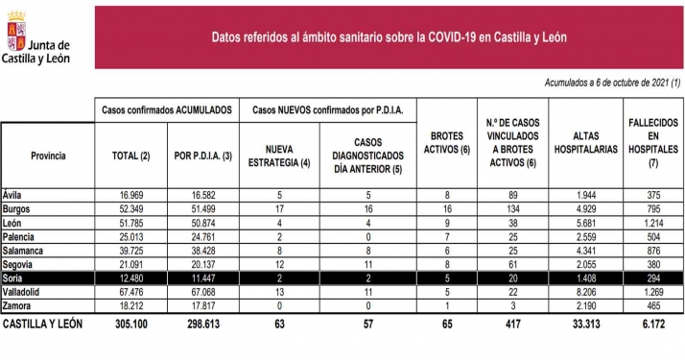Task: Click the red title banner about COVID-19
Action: [x=390, y=37]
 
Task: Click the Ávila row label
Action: [x=15, y=195]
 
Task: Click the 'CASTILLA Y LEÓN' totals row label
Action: [x=44, y=324]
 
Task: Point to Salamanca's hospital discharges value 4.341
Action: [x=584, y=251]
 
